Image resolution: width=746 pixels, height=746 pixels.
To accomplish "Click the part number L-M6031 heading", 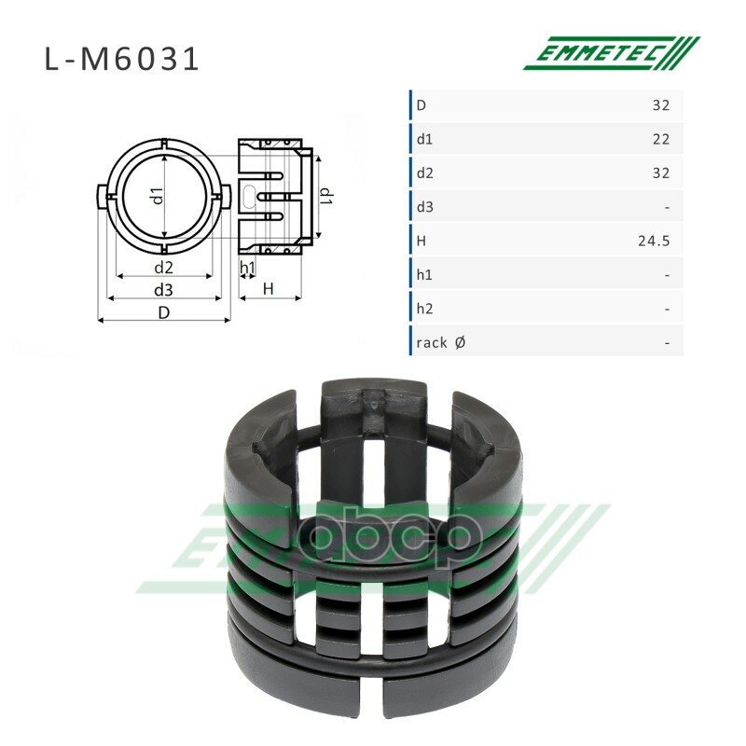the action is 121,60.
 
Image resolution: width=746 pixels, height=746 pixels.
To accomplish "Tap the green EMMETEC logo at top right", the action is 612,53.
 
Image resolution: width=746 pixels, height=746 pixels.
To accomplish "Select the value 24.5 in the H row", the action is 654,241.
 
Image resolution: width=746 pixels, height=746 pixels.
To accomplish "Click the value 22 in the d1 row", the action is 661,139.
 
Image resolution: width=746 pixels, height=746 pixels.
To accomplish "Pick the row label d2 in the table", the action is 425,173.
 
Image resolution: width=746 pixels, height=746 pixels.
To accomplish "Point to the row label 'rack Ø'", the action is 440,342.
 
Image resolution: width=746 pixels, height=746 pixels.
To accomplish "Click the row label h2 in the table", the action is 424,309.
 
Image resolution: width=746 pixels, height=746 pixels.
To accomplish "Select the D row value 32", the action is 661,104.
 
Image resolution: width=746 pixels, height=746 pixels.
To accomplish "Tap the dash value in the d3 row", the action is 667,207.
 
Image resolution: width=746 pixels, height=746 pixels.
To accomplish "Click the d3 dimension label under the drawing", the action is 163,290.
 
